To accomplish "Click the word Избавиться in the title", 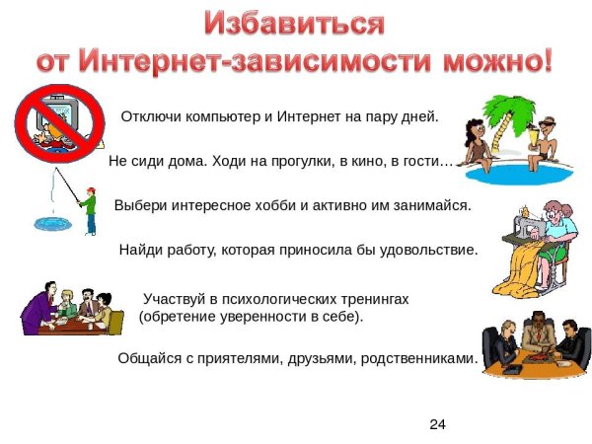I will pyautogui.click(x=293, y=23).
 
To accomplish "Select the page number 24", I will pyautogui.click(x=438, y=424).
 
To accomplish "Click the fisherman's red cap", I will pyautogui.click(x=89, y=188).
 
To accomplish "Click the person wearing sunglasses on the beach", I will pyautogui.click(x=546, y=138).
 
